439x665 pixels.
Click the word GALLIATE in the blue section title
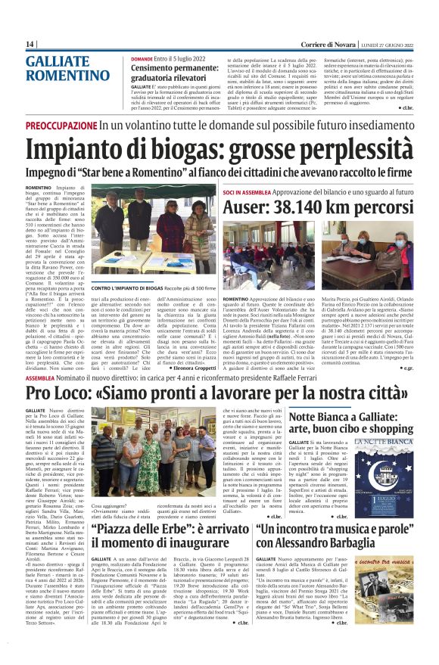coord(56,62)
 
